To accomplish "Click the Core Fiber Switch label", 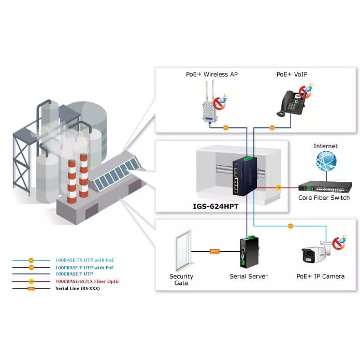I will coord(324,198).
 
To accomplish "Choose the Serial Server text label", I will coord(249,277).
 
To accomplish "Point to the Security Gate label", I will coord(181,280).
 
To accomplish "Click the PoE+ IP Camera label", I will coord(320,277).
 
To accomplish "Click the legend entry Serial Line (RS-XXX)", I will coord(77,289).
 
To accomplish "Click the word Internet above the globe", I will coord(325,147).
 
